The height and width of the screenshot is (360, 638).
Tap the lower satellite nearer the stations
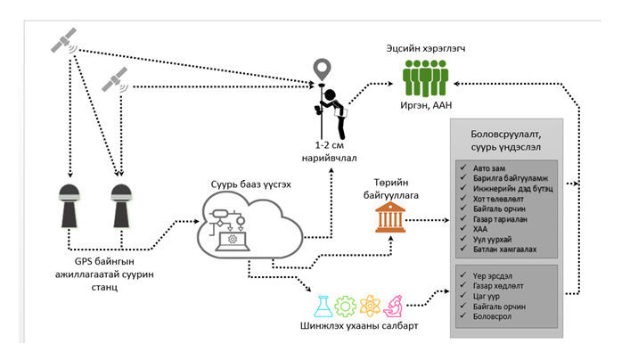tap(114, 84)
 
